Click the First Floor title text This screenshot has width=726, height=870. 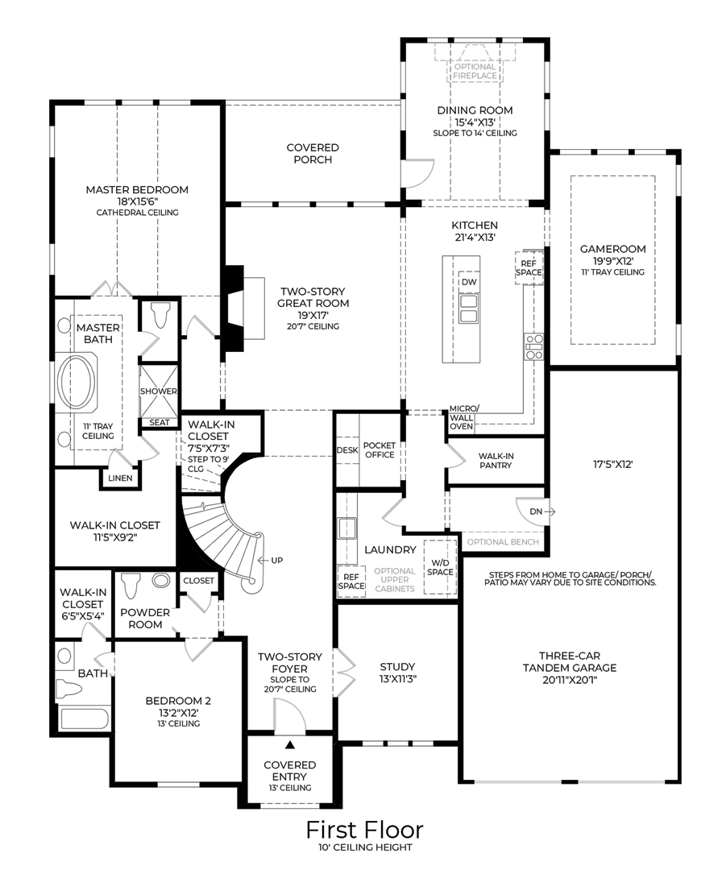click(363, 830)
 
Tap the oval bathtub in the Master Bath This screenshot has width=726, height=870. click(78, 383)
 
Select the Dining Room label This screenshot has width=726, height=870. click(475, 110)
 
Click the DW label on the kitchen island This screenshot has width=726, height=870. click(469, 283)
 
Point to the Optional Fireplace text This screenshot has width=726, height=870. click(475, 72)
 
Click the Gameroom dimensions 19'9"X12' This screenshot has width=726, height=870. click(612, 261)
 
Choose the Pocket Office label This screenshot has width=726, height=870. click(379, 449)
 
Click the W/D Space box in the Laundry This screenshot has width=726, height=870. click(439, 566)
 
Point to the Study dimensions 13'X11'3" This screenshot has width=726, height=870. click(397, 679)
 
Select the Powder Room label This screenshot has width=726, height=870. click(145, 618)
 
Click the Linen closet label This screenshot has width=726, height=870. click(119, 478)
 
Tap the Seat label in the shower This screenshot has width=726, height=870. click(158, 422)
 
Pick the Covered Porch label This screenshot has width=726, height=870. click(313, 153)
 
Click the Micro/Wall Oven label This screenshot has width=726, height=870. click(462, 417)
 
